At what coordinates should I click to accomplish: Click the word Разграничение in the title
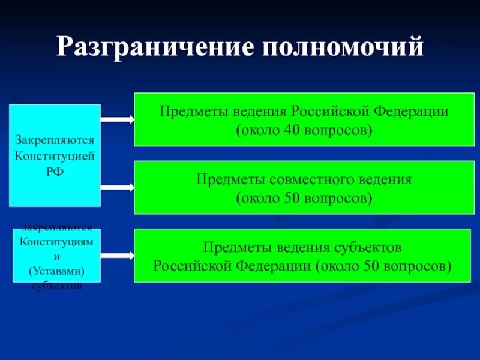coord(152,47)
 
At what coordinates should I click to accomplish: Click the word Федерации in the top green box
coord(411,112)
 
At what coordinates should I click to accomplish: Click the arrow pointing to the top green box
coord(117,119)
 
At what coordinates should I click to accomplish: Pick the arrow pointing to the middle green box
coord(117,188)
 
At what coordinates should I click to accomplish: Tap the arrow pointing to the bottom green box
coord(117,256)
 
